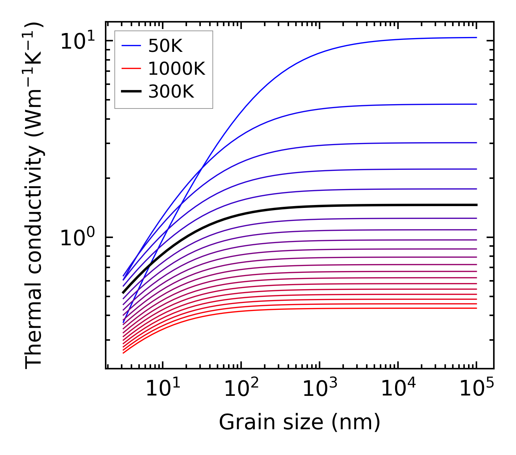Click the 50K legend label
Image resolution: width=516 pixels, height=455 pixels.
(165, 46)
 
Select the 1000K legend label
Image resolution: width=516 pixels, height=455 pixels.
(176, 69)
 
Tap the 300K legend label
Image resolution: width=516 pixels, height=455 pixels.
(171, 92)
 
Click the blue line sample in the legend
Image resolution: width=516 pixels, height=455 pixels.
(131, 46)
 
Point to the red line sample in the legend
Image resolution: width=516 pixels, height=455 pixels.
(131, 69)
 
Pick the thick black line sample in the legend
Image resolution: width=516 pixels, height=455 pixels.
(131, 92)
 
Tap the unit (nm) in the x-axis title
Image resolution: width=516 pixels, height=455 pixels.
(356, 422)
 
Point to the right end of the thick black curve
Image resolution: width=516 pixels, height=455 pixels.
(476, 205)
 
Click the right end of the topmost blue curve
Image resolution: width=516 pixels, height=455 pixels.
(476, 37)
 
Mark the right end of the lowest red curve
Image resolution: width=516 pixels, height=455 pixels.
(476, 308)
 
